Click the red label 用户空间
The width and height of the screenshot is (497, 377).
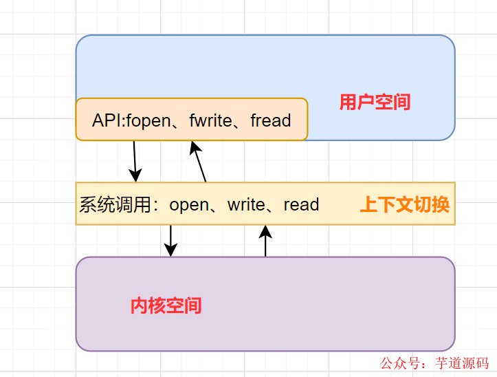(x=375, y=103)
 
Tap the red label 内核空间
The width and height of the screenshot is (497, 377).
(x=166, y=305)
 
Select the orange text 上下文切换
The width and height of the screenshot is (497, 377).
(x=405, y=204)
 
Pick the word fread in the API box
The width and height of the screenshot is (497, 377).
(x=271, y=120)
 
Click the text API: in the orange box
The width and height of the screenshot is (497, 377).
(x=109, y=120)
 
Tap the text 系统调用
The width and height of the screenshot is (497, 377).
(x=115, y=205)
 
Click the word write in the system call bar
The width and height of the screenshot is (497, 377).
(x=247, y=205)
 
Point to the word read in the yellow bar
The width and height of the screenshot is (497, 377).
(x=301, y=205)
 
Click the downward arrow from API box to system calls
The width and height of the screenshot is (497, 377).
(x=135, y=161)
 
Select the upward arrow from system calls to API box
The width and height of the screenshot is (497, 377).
(x=199, y=161)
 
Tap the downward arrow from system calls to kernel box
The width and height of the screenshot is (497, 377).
(x=170, y=240)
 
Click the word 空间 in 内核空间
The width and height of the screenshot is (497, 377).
(x=184, y=305)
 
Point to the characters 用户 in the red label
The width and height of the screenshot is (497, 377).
(x=357, y=103)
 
